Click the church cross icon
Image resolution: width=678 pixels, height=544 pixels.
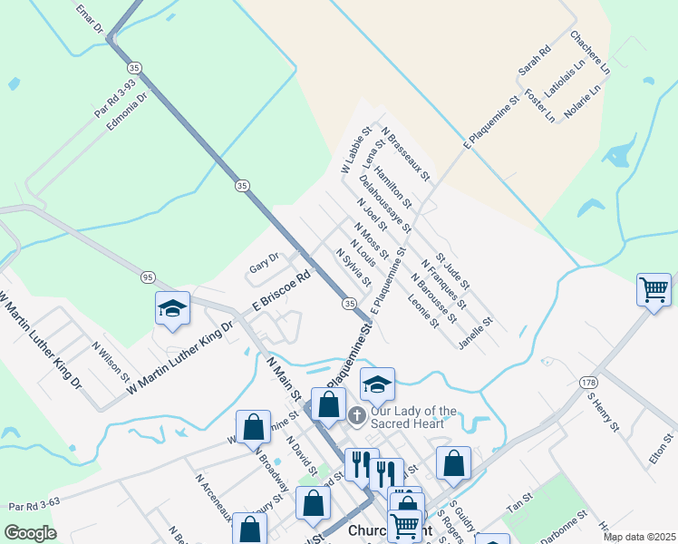(357, 415)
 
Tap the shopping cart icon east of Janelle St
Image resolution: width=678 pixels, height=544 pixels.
(654, 290)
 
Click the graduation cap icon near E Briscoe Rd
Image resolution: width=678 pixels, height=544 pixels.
(172, 308)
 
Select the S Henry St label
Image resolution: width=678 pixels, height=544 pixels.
(602, 412)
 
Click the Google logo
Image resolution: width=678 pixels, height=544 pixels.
(30, 533)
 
